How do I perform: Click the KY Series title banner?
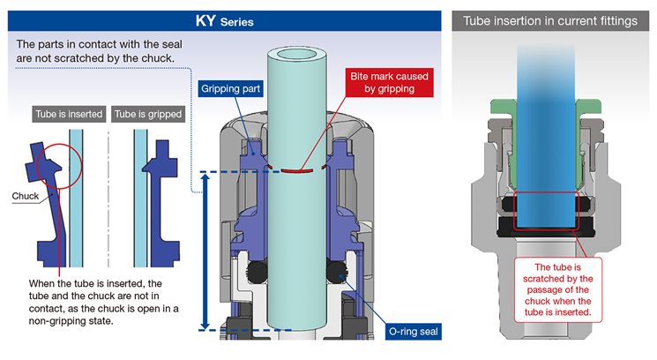click(224, 20)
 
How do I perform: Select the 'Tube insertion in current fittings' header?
click(549, 21)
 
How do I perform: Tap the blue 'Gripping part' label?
click(230, 89)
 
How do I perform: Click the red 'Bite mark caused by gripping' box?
click(389, 83)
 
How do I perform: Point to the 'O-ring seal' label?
click(413, 332)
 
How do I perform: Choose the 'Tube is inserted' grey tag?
click(69, 114)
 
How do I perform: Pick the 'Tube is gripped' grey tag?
click(148, 114)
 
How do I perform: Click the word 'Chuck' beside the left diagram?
click(26, 196)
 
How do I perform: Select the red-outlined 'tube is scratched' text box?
click(557, 289)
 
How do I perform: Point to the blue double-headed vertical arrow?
click(205, 251)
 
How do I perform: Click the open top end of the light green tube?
click(296, 55)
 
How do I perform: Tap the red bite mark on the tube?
click(297, 171)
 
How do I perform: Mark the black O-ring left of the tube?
click(258, 273)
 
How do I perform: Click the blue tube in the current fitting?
click(546, 139)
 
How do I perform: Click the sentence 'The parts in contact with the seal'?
click(100, 44)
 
